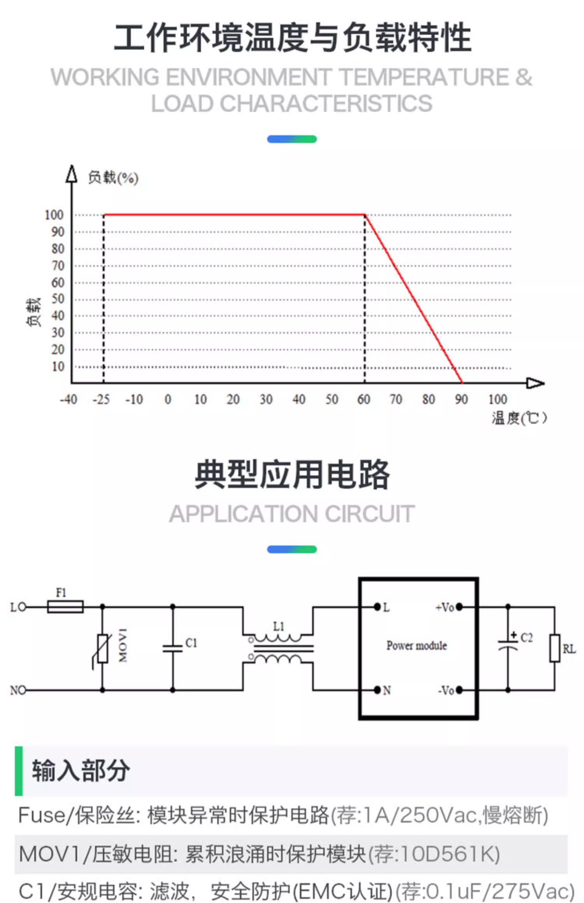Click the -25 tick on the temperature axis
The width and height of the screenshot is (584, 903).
pyautogui.click(x=101, y=399)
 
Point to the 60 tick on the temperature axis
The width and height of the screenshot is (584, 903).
pyautogui.click(x=364, y=399)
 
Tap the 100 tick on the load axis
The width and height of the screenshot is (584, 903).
pyautogui.click(x=54, y=215)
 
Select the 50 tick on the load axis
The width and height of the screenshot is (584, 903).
pyautogui.click(x=58, y=299)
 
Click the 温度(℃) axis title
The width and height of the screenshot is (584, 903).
pyautogui.click(x=519, y=418)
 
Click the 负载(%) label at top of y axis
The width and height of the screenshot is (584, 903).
pyautogui.click(x=113, y=178)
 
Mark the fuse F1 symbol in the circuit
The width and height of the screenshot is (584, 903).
pyautogui.click(x=65, y=607)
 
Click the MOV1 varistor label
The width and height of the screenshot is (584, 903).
pyautogui.click(x=123, y=645)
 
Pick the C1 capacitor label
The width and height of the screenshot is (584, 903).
pyautogui.click(x=191, y=643)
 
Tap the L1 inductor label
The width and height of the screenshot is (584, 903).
pyautogui.click(x=278, y=626)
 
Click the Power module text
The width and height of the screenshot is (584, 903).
pyautogui.click(x=417, y=646)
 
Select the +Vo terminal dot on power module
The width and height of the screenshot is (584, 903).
pyautogui.click(x=459, y=607)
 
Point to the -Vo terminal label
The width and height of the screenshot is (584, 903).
pyautogui.click(x=446, y=690)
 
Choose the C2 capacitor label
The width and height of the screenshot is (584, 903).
pyautogui.click(x=526, y=638)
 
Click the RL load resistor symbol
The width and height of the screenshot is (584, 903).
pyautogui.click(x=555, y=648)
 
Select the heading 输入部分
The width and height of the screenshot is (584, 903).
pyautogui.click(x=81, y=770)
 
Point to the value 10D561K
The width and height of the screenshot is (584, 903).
pyautogui.click(x=447, y=854)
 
